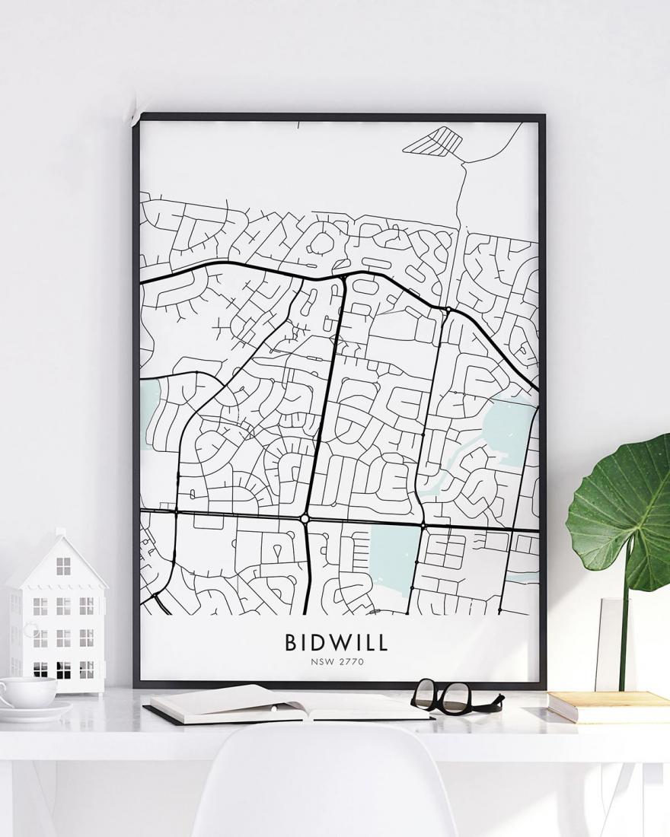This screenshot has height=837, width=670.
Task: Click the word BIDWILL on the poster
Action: (337, 642)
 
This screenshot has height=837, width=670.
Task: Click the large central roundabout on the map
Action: (305, 518)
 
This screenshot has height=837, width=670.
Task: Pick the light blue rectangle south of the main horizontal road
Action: (394, 559)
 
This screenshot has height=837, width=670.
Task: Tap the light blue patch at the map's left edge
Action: (149, 413)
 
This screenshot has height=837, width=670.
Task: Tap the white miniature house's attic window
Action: (63, 566)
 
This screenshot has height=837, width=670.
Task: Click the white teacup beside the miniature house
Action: (27, 691)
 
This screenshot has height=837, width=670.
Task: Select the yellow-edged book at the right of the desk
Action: (608, 705)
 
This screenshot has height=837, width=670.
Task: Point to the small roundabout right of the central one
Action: (423, 525)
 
